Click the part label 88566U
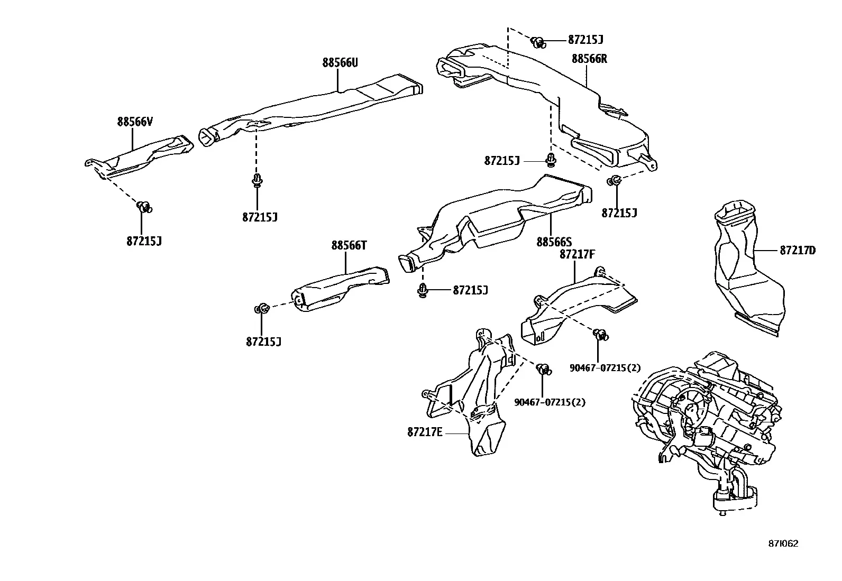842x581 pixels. [340, 62]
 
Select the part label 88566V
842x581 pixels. [134, 122]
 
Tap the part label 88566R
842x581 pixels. [589, 59]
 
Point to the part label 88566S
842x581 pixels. [554, 242]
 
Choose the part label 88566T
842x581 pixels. [349, 245]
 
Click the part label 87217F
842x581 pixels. [577, 254]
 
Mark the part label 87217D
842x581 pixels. [798, 250]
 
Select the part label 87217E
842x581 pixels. [425, 432]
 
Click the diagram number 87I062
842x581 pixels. [783, 543]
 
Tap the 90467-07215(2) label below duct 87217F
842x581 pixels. [605, 368]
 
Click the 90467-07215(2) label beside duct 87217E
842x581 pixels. [550, 402]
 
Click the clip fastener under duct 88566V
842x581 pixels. [144, 207]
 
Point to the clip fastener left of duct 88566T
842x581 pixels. [262, 309]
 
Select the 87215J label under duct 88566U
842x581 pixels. [260, 217]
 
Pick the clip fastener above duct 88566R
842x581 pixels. [538, 42]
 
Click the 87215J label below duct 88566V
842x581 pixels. [144, 241]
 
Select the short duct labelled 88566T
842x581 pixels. [340, 289]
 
